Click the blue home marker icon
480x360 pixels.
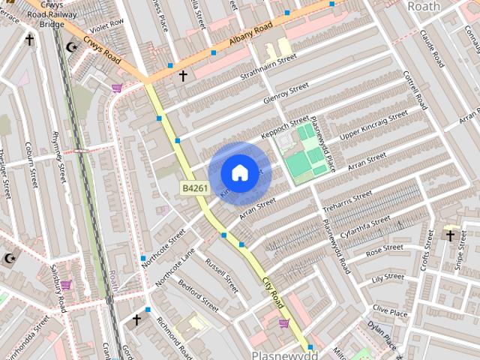pos(238,173)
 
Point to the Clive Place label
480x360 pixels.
pos(390,309)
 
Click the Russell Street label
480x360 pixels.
pos(221,276)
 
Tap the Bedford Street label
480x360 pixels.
pos(199,295)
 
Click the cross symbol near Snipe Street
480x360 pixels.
pos(450,236)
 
